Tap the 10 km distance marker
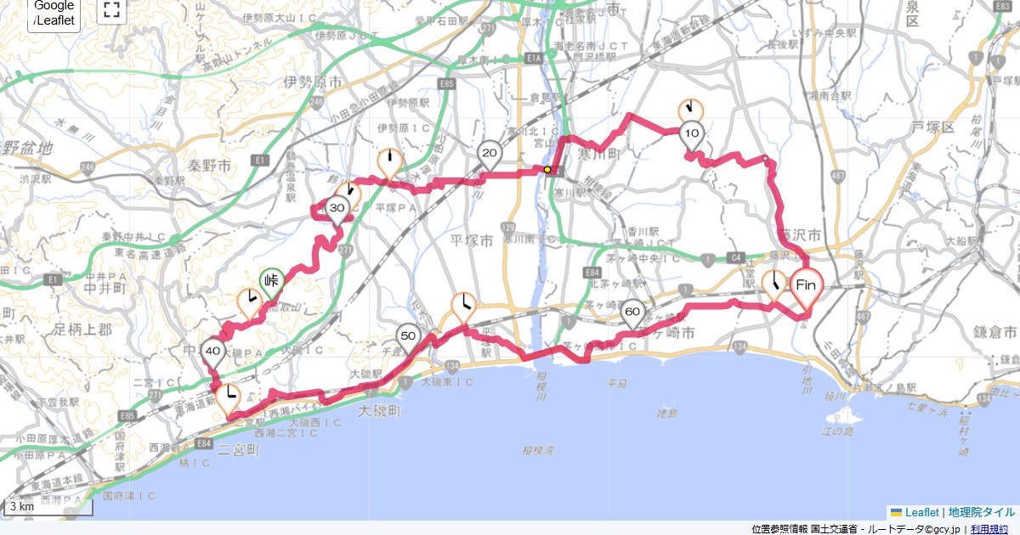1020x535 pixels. click(x=692, y=134)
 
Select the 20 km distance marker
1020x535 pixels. click(x=490, y=154)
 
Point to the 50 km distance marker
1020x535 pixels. click(x=408, y=336)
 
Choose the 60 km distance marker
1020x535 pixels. click(x=632, y=313)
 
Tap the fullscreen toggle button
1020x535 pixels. click(x=111, y=10)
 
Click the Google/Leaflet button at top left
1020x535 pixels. click(x=54, y=13)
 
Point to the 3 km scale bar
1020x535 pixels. click(x=48, y=507)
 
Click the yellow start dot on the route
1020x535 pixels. click(x=548, y=170)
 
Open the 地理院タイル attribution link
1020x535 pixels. click(x=981, y=513)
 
